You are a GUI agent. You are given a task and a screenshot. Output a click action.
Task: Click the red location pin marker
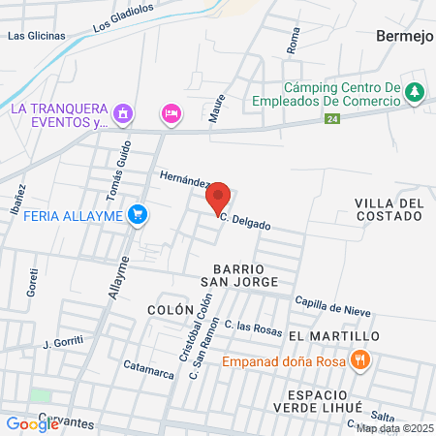[x=218, y=198]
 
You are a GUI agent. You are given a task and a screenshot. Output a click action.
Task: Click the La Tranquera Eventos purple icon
[x=122, y=115]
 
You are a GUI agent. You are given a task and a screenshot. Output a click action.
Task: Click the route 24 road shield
[x=332, y=118]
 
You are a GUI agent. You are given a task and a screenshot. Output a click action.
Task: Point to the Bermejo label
[x=401, y=35]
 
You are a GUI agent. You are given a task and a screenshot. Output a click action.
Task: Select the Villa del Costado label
[x=389, y=209]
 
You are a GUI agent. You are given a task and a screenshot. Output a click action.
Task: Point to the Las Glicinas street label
[x=36, y=36]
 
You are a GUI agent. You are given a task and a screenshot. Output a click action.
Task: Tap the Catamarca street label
[x=146, y=369]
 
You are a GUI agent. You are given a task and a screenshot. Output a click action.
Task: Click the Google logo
[x=33, y=423]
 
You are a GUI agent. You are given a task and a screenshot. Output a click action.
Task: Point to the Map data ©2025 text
[x=393, y=428]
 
